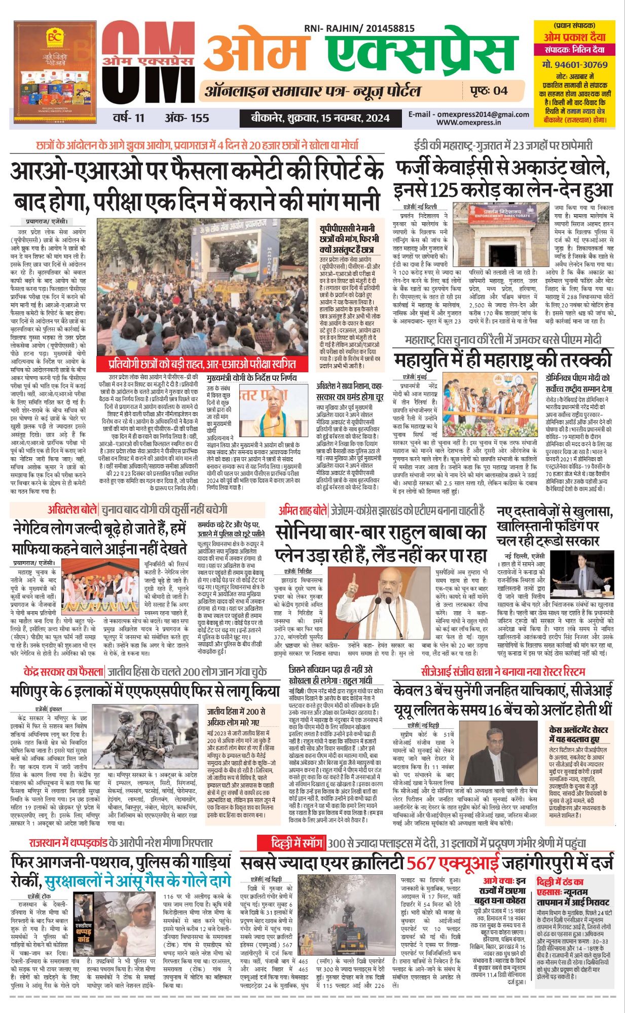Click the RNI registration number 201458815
388,29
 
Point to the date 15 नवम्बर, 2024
355,118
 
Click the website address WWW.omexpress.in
468,122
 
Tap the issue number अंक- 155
187,118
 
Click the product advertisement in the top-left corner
55,72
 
